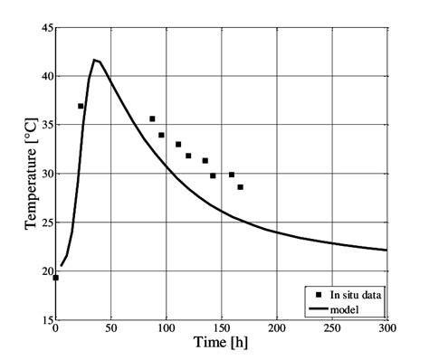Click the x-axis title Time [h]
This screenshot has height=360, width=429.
(222, 344)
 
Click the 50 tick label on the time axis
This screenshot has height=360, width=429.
(110, 329)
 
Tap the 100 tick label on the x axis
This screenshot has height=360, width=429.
(166, 329)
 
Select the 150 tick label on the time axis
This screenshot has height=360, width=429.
(221, 329)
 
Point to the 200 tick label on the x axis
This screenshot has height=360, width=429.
(276, 329)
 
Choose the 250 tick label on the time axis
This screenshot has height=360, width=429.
(331, 329)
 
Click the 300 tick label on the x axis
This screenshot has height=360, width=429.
(386, 329)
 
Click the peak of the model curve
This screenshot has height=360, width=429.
(94, 60)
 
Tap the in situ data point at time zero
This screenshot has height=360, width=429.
(55, 278)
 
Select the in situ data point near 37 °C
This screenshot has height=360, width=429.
(81, 106)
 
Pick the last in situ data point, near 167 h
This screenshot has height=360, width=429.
(240, 187)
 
